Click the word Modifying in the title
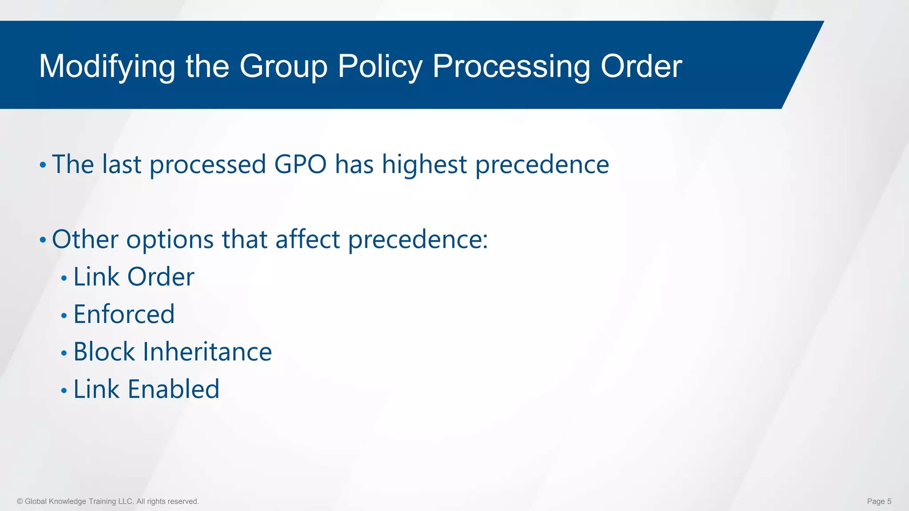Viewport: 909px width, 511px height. coord(107,67)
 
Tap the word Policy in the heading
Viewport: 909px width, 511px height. coord(380,67)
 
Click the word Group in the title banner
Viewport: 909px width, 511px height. coord(283,67)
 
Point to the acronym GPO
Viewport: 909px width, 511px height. coord(300,164)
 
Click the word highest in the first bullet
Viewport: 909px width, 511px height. coord(424,164)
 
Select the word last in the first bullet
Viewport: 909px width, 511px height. coord(122,164)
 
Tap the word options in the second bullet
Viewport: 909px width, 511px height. coord(170,240)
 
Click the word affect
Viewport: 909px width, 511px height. coord(307,240)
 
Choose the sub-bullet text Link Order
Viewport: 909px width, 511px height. coord(134,277)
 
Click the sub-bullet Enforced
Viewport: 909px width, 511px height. coord(124,314)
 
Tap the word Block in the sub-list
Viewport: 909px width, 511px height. coord(104,352)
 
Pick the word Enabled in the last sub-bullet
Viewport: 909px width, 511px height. coord(174,389)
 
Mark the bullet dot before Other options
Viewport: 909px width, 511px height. coord(43,240)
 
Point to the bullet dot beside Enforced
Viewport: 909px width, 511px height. coord(64,316)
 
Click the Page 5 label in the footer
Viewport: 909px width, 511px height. coord(879,501)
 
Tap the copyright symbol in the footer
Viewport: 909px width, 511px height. coord(20,501)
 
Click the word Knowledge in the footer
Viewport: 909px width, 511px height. coord(67,501)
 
